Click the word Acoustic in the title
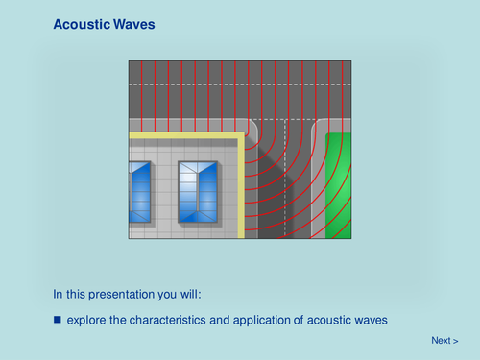(x=79, y=23)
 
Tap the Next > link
(x=444, y=340)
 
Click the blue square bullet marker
(x=57, y=319)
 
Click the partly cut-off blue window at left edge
(x=139, y=192)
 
